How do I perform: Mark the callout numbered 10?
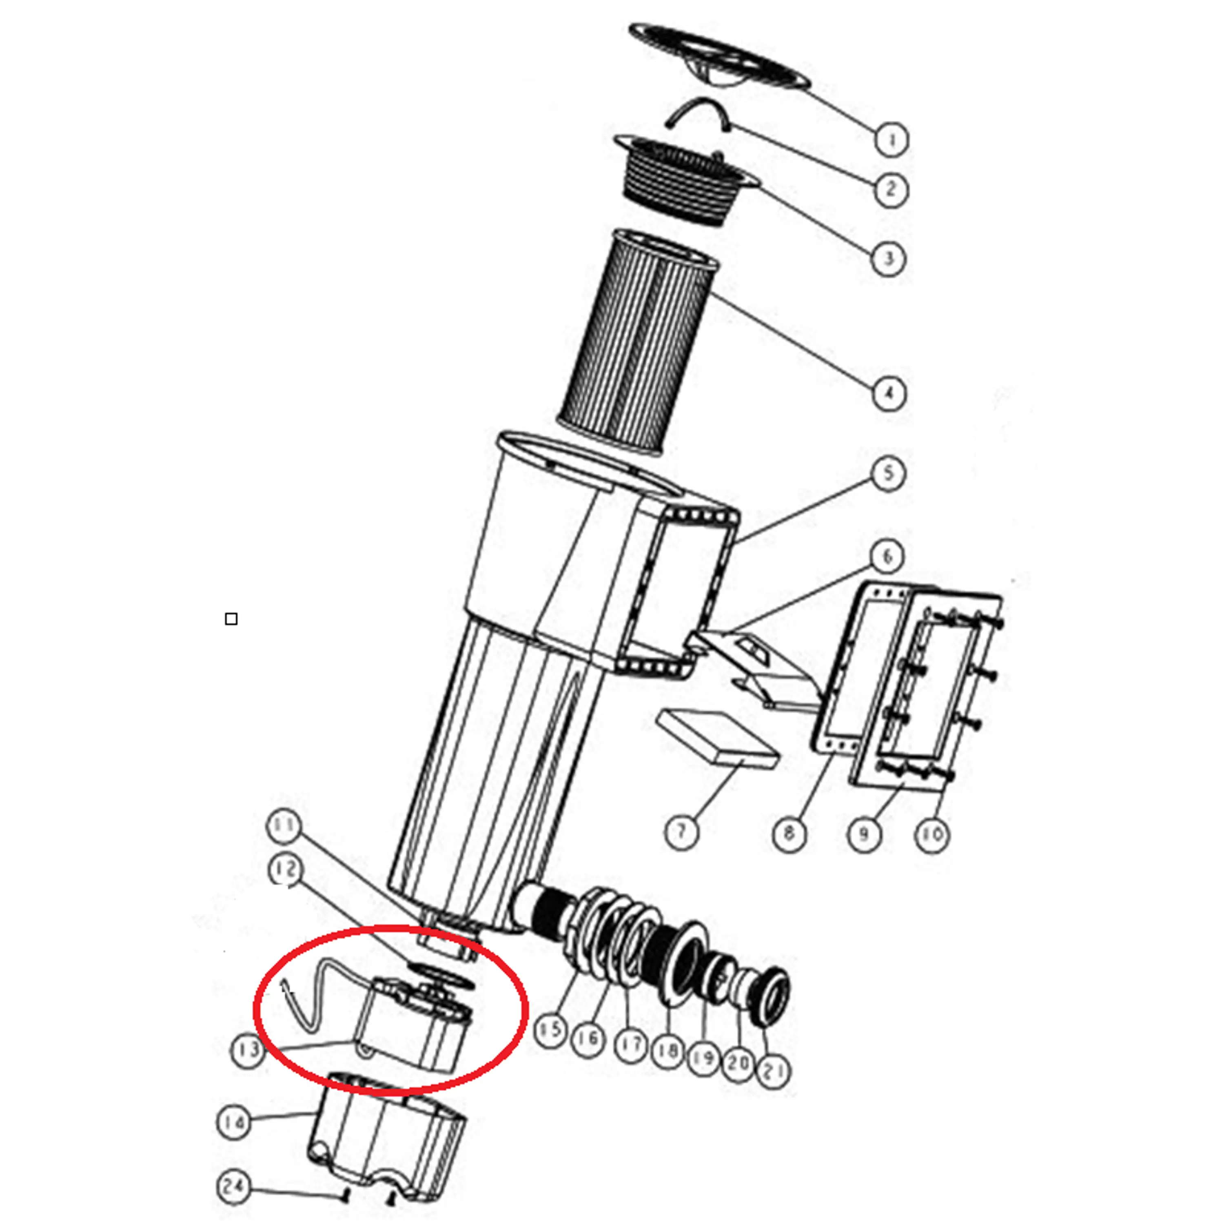931,834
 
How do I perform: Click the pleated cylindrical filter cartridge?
639,342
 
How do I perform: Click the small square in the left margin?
231,619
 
